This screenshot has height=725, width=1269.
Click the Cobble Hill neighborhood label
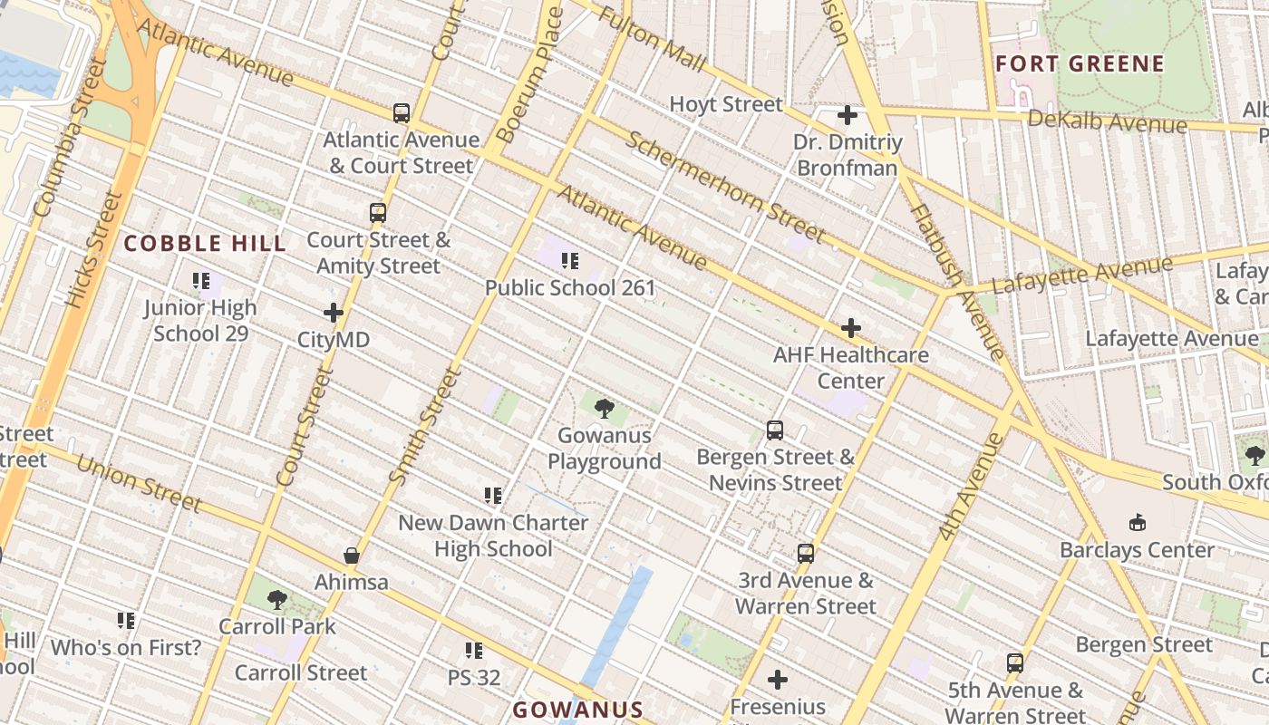(205, 243)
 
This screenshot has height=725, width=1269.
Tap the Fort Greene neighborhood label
(1079, 63)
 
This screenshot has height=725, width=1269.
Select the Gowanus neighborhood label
(577, 710)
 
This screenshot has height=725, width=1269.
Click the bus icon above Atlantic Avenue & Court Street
(402, 113)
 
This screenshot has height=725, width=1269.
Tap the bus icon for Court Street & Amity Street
(378, 213)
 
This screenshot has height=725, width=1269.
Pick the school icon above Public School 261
(570, 261)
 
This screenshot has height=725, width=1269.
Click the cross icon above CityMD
(334, 313)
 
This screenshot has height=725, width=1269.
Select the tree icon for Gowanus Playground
(605, 409)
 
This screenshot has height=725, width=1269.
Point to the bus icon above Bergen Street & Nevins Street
(775, 430)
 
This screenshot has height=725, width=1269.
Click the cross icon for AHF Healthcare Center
(850, 328)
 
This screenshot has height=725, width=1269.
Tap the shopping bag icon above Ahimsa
(352, 555)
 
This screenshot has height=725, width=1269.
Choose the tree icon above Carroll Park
(277, 599)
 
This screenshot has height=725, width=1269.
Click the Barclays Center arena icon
(1137, 523)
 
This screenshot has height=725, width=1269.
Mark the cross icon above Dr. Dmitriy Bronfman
(848, 115)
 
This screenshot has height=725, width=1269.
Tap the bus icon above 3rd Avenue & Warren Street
(805, 553)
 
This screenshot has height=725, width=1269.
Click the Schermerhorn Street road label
(725, 187)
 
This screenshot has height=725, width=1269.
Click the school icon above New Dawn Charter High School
(493, 496)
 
